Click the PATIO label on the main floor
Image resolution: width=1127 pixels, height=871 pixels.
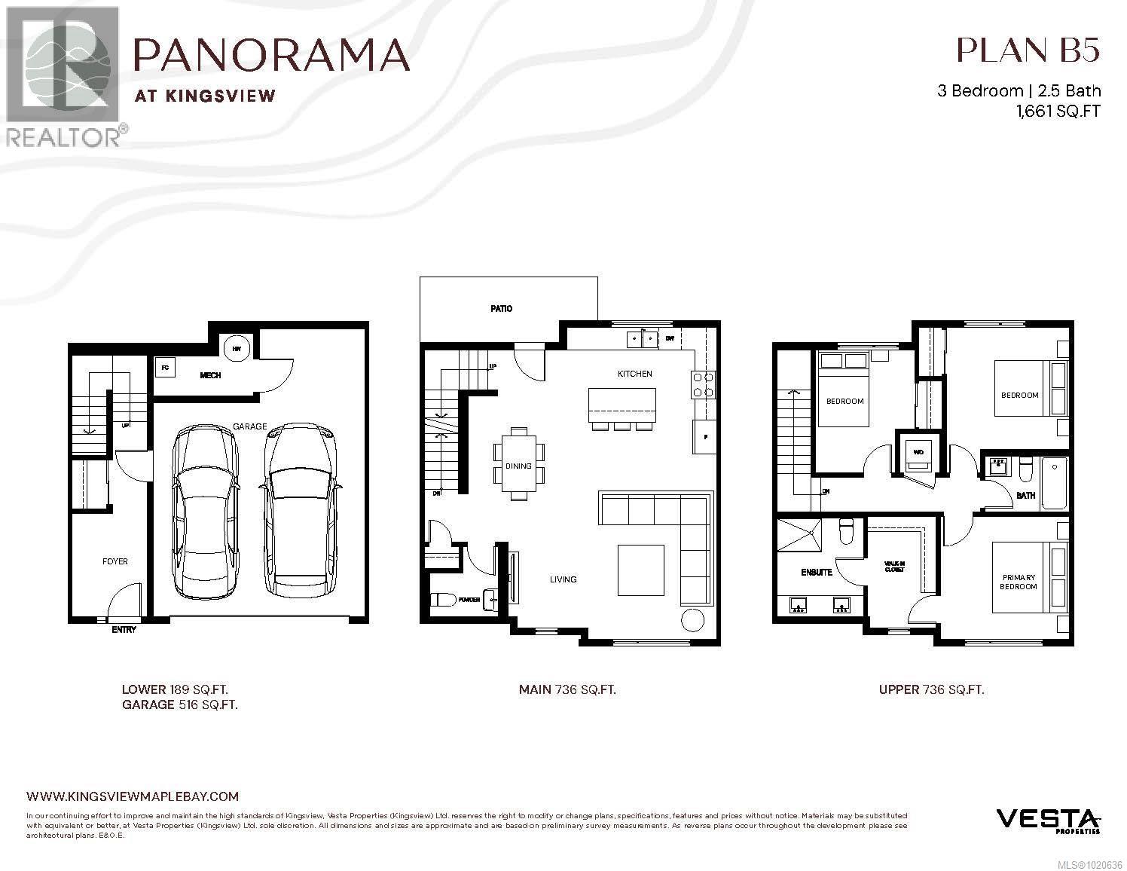(501, 308)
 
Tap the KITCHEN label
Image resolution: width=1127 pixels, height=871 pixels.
(634, 374)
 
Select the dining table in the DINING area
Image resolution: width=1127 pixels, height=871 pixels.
(518, 464)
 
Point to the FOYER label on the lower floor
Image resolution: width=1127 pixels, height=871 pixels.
(115, 561)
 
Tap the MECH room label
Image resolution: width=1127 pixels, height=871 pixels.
(210, 375)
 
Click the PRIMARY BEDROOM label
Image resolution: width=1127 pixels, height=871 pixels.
(1018, 582)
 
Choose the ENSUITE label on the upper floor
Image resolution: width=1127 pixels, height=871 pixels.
(816, 573)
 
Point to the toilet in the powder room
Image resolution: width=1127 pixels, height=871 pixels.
(444, 600)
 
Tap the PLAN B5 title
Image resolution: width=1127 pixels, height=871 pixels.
(1028, 50)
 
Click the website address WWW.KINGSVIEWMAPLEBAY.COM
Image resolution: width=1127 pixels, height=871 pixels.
(133, 796)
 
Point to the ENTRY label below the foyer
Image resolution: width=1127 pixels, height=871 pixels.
(124, 629)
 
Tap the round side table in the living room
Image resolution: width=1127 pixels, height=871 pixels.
(691, 621)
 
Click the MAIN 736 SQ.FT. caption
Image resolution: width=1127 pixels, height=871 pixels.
(567, 689)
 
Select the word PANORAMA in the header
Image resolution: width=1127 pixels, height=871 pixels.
(271, 54)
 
